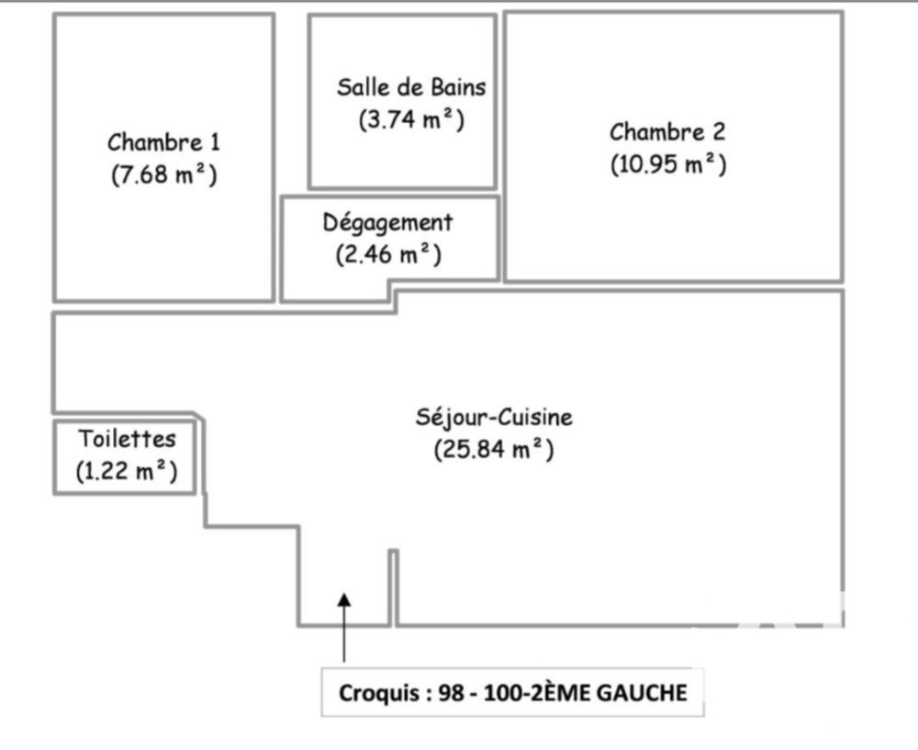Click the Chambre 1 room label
(x=163, y=142)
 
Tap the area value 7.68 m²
(x=163, y=174)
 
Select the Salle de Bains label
(x=411, y=88)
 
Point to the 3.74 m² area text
(x=411, y=119)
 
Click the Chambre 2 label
(x=667, y=132)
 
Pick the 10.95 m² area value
(x=667, y=164)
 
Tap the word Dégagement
(x=387, y=222)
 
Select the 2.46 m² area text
(x=387, y=254)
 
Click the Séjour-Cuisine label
(x=494, y=418)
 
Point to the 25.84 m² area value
(x=494, y=450)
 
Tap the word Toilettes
(x=126, y=438)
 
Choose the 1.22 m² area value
(x=126, y=471)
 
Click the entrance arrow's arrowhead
(x=344, y=599)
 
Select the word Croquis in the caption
(x=380, y=693)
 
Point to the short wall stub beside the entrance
(x=394, y=588)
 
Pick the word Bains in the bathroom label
(x=458, y=88)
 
